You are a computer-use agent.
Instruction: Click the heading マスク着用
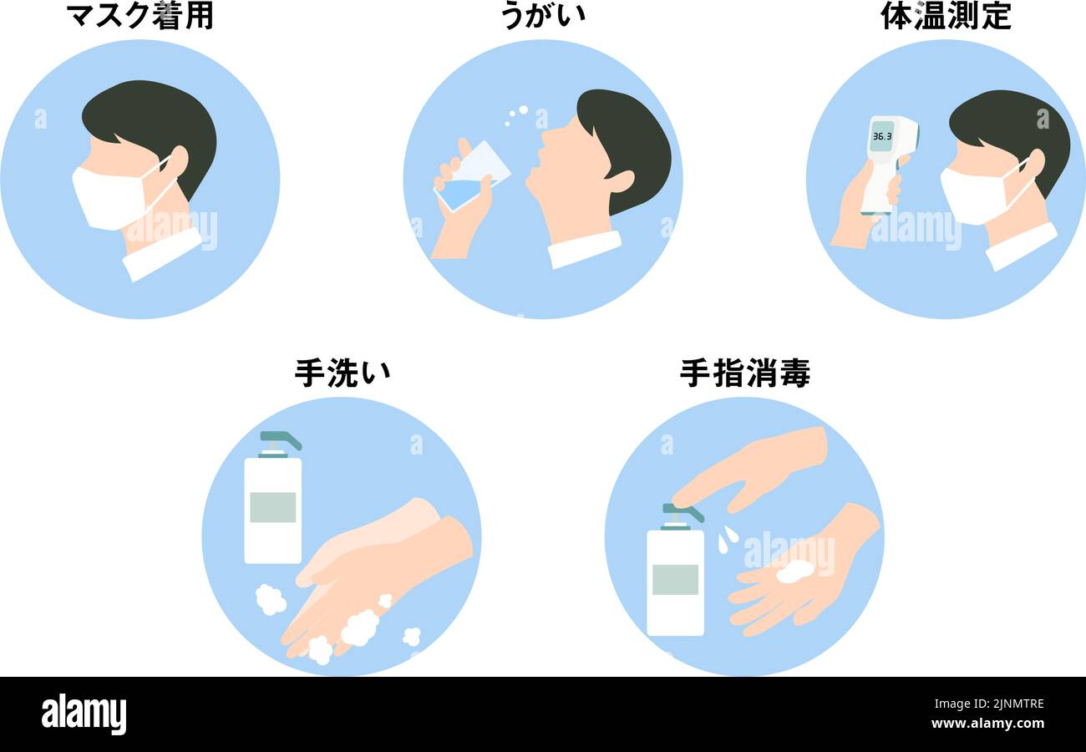click(140, 16)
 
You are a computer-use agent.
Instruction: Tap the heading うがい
click(543, 16)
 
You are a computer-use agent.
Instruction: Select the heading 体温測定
click(946, 16)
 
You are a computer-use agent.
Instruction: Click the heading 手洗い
click(342, 373)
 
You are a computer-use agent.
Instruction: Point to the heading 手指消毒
click(744, 373)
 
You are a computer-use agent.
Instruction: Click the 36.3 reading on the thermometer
click(881, 135)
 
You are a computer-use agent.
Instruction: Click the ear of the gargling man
click(620, 180)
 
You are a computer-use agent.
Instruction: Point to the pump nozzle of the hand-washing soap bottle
click(280, 440)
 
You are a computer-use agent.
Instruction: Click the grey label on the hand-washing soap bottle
click(272, 507)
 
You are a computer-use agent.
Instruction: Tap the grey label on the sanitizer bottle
click(675, 579)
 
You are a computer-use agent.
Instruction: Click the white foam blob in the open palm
click(794, 571)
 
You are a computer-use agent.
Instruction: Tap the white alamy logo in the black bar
click(84, 714)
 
